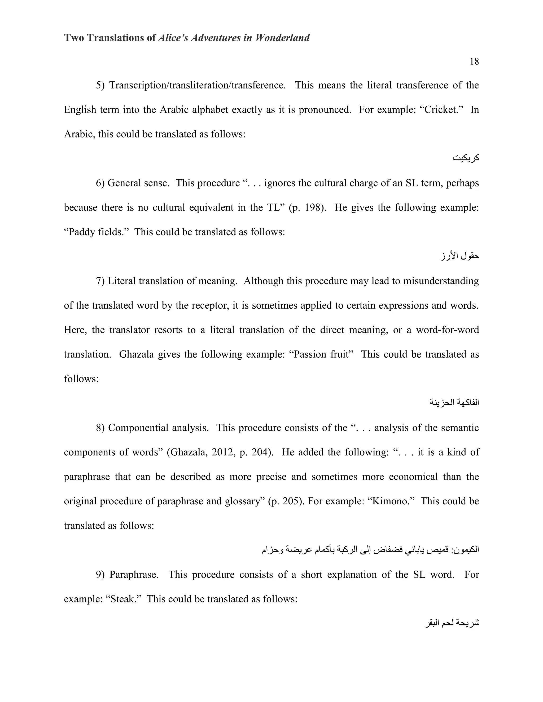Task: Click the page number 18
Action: tap(474, 61)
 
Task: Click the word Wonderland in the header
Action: tap(282, 38)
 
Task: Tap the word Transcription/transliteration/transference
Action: tap(197, 85)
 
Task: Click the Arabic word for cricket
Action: tap(466, 158)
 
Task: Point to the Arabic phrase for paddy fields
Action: tap(460, 256)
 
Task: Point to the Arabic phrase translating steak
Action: tap(452, 623)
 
